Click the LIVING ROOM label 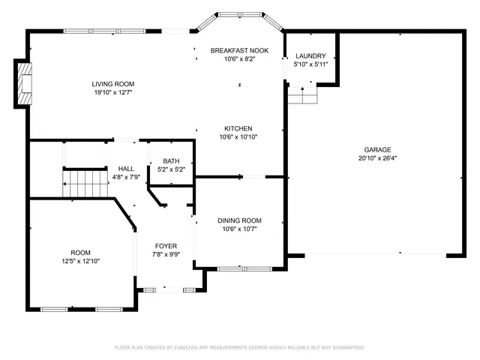tap(112, 84)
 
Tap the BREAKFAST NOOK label tap(240, 49)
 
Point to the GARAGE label tap(379, 149)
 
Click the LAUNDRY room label tap(310, 56)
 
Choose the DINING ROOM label tap(239, 220)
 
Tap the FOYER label tap(166, 246)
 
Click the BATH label tap(171, 161)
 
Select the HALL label tap(126, 169)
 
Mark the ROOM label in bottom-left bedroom tap(80, 252)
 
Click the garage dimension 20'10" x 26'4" tap(379, 158)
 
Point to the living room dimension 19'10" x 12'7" tap(112, 93)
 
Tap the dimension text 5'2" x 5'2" tap(171, 169)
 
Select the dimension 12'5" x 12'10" tap(80, 261)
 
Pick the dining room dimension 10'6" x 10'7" tap(239, 229)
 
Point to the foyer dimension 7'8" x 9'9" tap(166, 255)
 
